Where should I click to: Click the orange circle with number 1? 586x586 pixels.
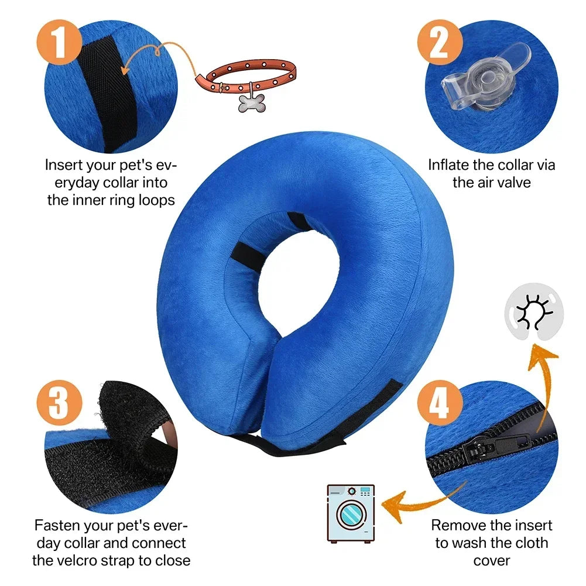click(60, 42)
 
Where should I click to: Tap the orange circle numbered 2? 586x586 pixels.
click(439, 42)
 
